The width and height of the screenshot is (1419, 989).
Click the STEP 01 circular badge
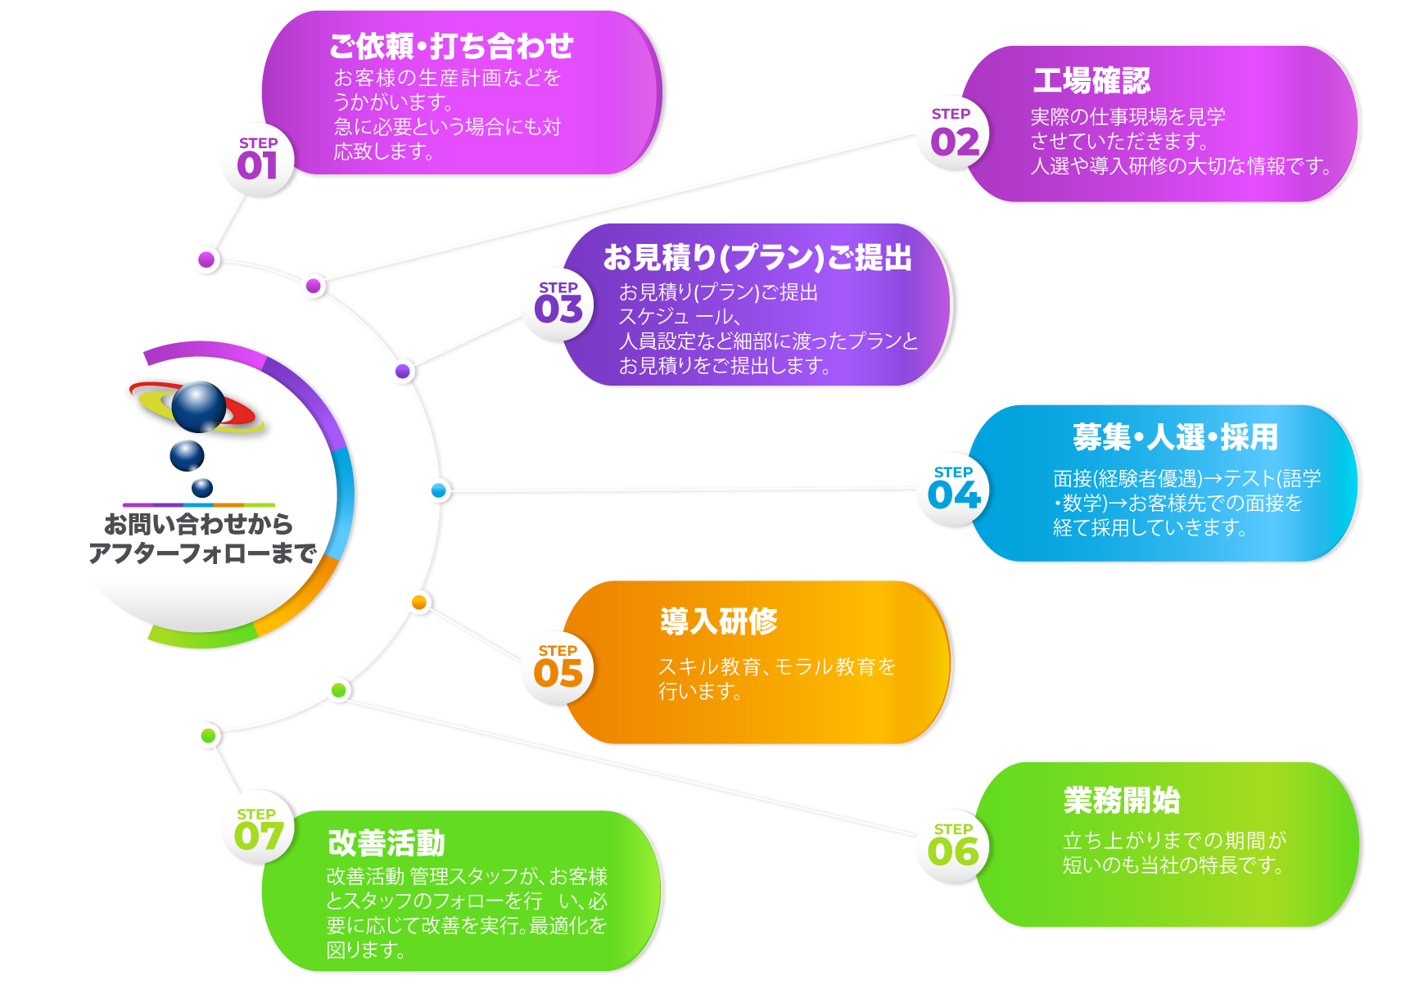coord(257,160)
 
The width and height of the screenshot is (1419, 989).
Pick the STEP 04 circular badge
coord(953,490)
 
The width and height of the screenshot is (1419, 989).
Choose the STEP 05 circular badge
coord(558,668)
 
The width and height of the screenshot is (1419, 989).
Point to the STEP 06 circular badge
coord(953,847)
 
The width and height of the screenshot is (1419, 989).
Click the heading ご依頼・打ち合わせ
coord(451,47)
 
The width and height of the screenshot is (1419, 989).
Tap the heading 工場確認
coord(1091,81)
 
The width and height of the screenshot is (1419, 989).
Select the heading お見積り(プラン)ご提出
coord(757,258)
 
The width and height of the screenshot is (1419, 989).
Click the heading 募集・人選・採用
coord(1175,437)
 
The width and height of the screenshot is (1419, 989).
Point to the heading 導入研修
coord(719,621)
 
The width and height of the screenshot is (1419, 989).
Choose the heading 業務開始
coord(1122,800)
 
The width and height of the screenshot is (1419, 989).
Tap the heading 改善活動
coord(386,842)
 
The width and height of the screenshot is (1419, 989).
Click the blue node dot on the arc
coord(439,490)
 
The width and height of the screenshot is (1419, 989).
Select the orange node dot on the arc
coord(419,603)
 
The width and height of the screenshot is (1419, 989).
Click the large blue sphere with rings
coord(198,406)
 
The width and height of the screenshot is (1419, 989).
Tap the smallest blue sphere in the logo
coord(201,488)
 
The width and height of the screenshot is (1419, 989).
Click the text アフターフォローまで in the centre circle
coord(202,553)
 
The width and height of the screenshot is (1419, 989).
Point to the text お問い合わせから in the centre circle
coord(198,524)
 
